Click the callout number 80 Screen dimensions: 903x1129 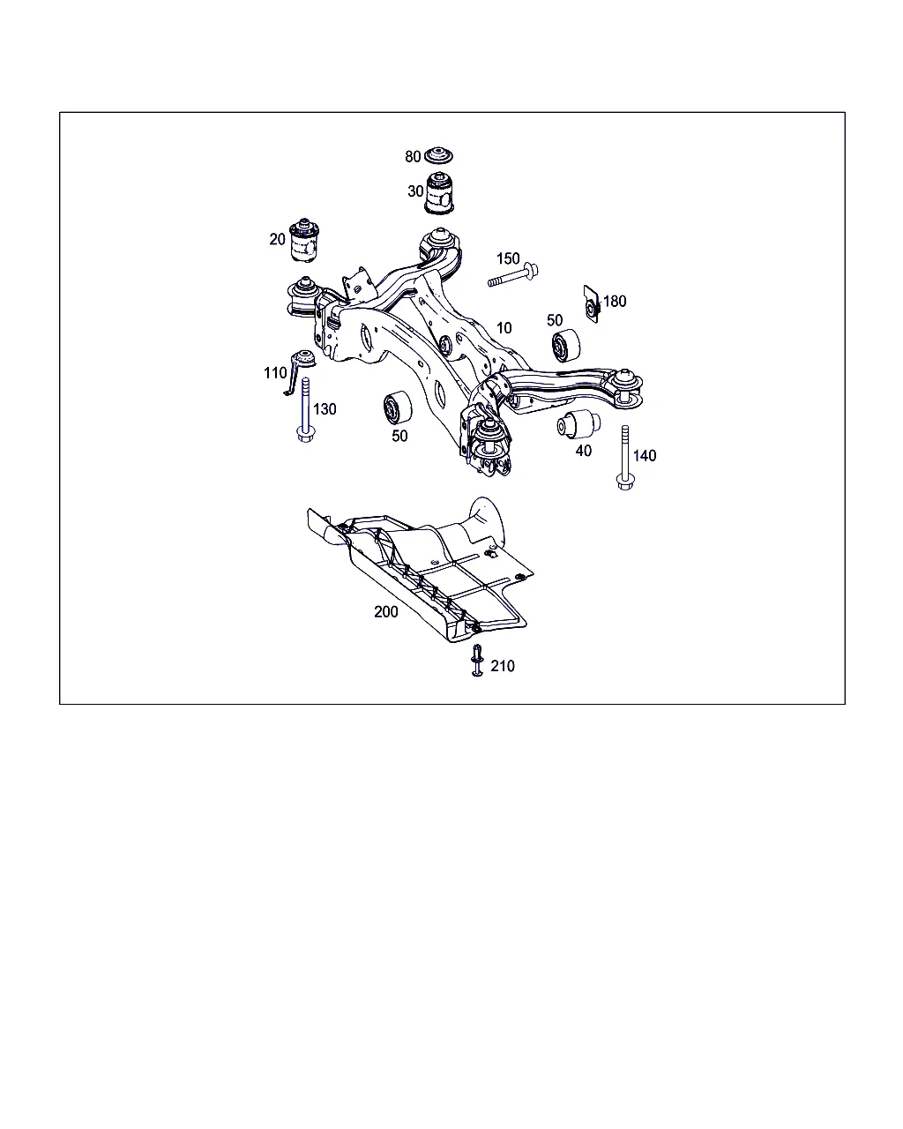pyautogui.click(x=413, y=156)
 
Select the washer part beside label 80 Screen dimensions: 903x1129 pyautogui.click(x=438, y=156)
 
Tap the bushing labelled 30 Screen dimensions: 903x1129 pyautogui.click(x=438, y=193)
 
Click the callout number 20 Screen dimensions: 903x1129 pyautogui.click(x=277, y=239)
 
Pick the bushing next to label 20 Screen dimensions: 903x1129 pyautogui.click(x=304, y=240)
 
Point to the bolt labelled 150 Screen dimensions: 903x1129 pyautogui.click(x=512, y=276)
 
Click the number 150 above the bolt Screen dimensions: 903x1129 pyautogui.click(x=508, y=258)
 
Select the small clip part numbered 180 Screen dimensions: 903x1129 pyautogui.click(x=592, y=304)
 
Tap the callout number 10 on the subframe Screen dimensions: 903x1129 pyautogui.click(x=504, y=328)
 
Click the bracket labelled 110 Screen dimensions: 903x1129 pyautogui.click(x=300, y=369)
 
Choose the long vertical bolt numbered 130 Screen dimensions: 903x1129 pyautogui.click(x=305, y=410)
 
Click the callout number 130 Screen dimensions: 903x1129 pyautogui.click(x=325, y=409)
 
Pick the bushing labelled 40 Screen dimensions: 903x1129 pyautogui.click(x=578, y=424)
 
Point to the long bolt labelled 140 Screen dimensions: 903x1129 pyautogui.click(x=624, y=458)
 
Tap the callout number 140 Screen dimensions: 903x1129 pyautogui.click(x=645, y=455)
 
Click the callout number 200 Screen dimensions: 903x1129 pyautogui.click(x=385, y=612)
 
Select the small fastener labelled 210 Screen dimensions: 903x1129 pyautogui.click(x=477, y=661)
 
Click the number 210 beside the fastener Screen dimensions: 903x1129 pyautogui.click(x=502, y=666)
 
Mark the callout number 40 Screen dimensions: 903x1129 pyautogui.click(x=584, y=451)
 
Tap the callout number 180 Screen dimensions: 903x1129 pyautogui.click(x=615, y=302)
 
